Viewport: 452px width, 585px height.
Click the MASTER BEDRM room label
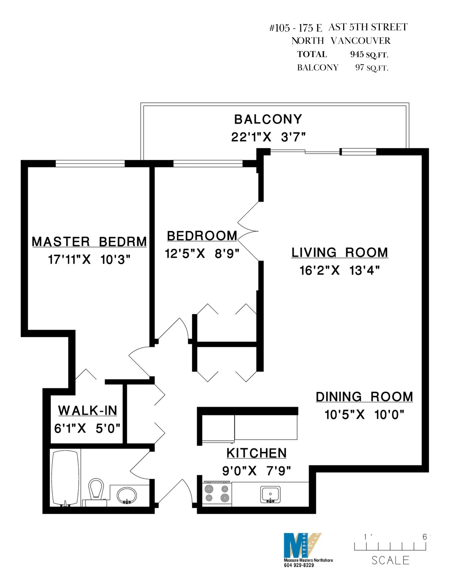[89, 242]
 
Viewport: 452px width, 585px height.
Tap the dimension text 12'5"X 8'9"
[202, 253]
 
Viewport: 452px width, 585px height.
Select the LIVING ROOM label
[339, 253]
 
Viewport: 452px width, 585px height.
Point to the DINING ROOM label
[364, 397]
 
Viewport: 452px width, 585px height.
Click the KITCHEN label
[256, 453]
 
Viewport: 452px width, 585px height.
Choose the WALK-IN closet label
[88, 411]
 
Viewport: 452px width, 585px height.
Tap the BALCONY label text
[268, 119]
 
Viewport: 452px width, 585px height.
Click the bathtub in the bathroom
[65, 479]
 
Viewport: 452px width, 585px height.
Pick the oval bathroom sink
[126, 495]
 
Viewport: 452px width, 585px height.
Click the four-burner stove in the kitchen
[217, 494]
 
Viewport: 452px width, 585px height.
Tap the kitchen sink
[270, 494]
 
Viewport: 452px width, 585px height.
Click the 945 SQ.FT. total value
[369, 54]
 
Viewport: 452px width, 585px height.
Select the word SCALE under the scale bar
[390, 561]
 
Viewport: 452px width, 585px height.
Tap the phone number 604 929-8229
[299, 565]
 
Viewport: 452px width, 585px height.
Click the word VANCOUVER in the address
[360, 41]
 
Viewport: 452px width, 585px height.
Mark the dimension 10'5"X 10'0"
[364, 415]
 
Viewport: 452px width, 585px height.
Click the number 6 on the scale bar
[424, 537]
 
